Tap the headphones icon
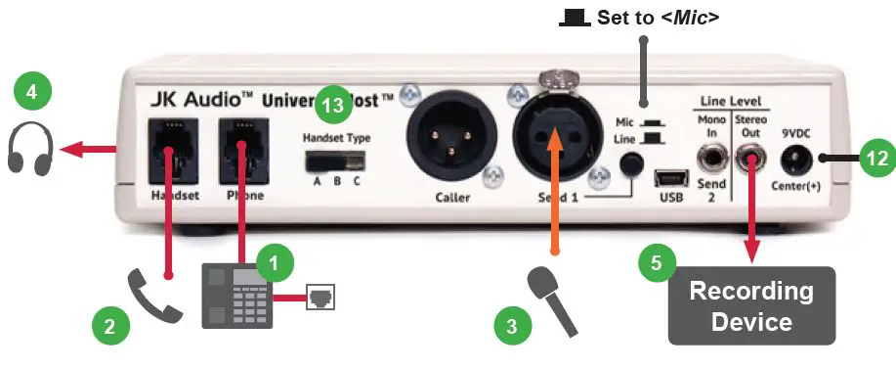click(30, 151)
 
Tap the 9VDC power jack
click(797, 157)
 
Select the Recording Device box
click(751, 305)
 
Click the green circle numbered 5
click(657, 262)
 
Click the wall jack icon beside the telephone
click(320, 296)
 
